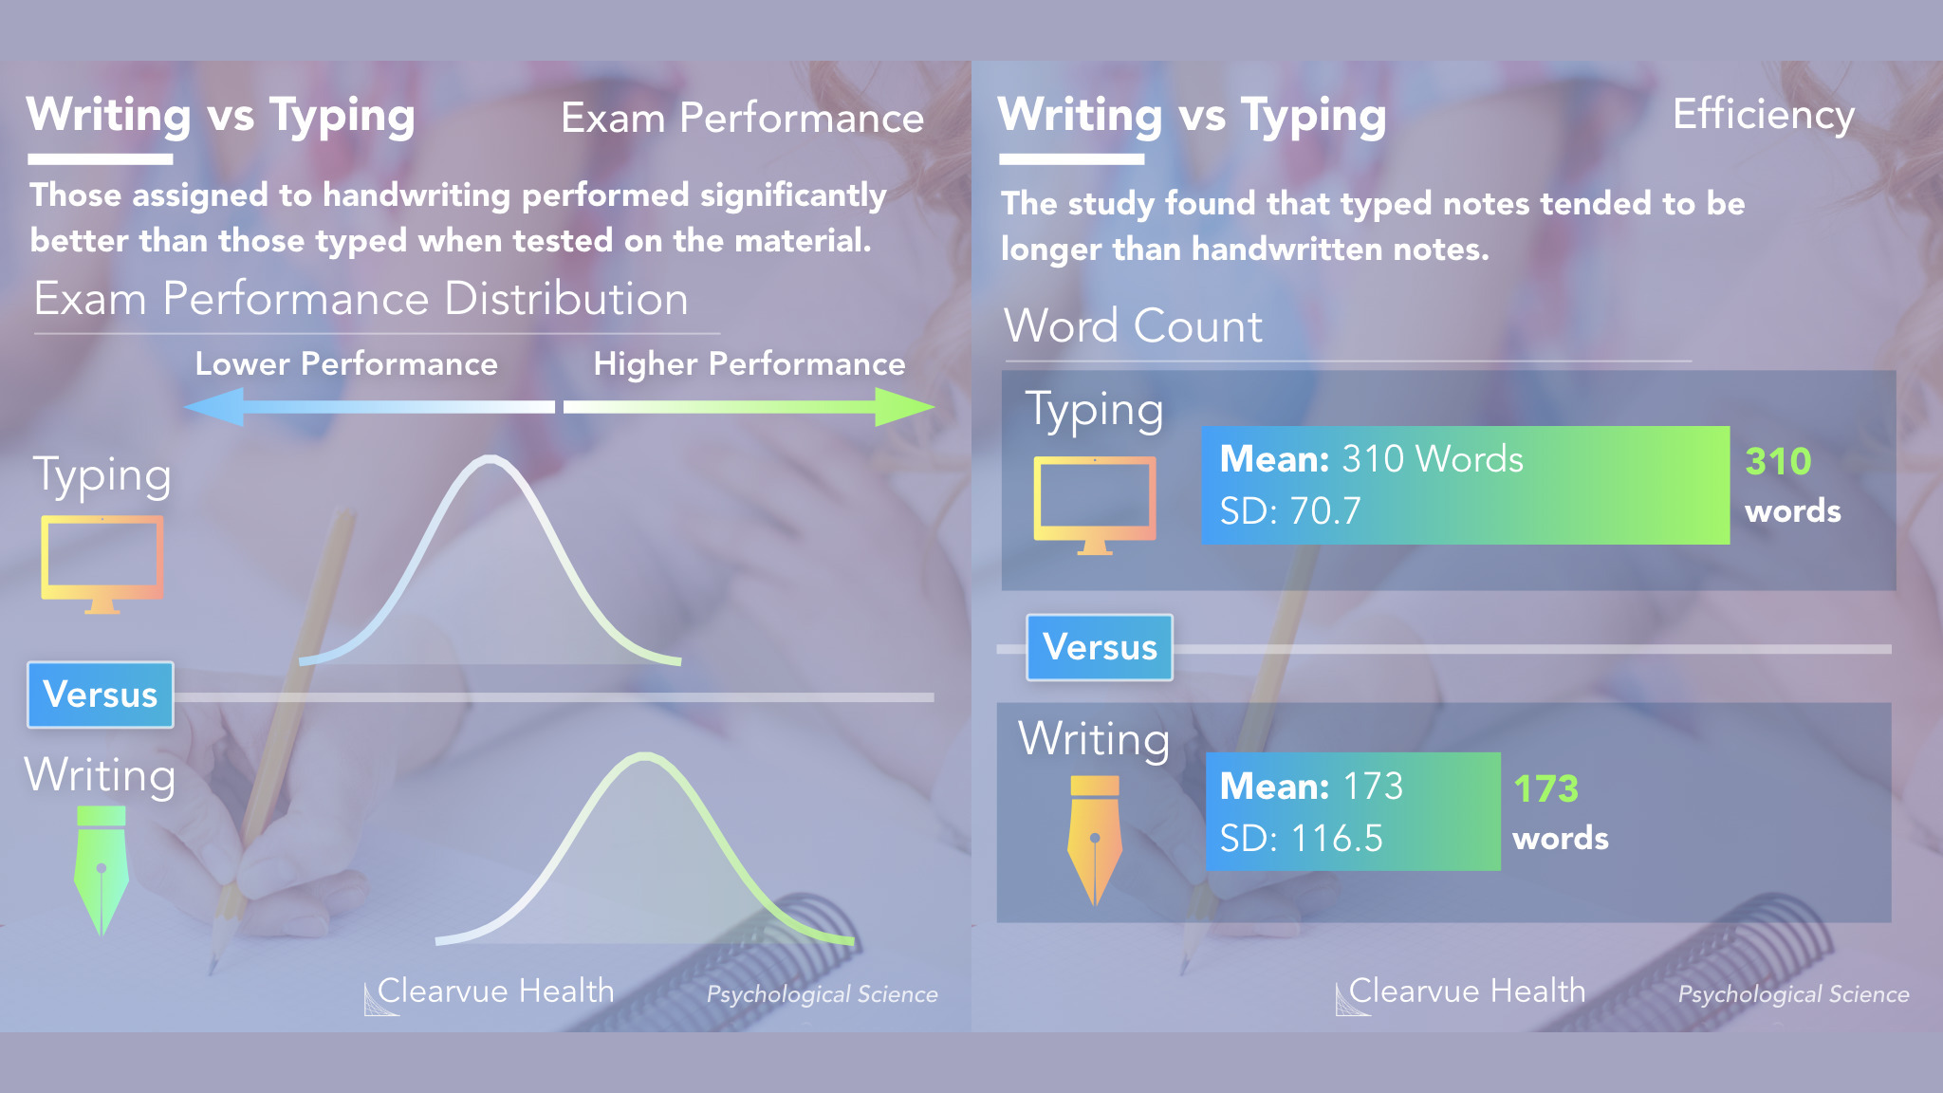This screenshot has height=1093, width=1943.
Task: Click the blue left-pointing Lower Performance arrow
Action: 369,407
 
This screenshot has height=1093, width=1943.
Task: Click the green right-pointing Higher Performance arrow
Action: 749,407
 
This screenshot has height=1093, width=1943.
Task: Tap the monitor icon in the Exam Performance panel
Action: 102,565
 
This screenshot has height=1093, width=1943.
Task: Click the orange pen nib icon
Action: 1095,840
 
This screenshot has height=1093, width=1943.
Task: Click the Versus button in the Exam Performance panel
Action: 101,695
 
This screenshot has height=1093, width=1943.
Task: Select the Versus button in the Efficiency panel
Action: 1100,647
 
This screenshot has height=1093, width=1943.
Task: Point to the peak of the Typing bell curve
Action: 490,459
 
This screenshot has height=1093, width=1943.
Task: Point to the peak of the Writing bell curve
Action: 644,756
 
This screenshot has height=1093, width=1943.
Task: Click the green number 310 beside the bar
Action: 1778,462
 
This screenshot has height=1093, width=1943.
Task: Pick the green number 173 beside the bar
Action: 1545,788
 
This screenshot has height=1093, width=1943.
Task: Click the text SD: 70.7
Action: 1290,511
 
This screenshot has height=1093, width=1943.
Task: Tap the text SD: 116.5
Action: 1301,839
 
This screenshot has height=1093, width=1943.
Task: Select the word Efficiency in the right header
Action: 1763,116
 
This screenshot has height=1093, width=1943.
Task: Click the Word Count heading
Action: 1134,326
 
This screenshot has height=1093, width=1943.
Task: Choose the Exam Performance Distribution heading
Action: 361,299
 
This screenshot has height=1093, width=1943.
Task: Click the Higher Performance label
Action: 749,364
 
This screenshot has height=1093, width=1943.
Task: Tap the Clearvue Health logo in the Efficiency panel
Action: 1461,992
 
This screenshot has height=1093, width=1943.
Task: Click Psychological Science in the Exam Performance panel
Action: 822,994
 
